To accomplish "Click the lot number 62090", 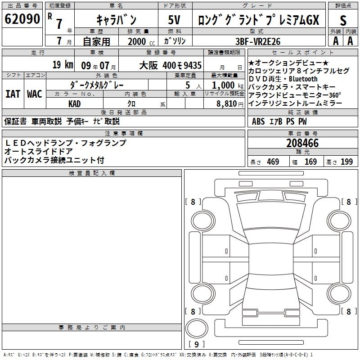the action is pyautogui.click(x=22, y=19).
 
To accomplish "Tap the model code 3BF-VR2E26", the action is pyautogui.click(x=258, y=40).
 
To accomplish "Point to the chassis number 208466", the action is pyautogui.click(x=302, y=144).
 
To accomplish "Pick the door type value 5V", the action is pyautogui.click(x=175, y=20).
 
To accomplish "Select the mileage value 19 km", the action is pyautogui.click(x=63, y=64).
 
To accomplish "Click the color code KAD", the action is pyautogui.click(x=74, y=103).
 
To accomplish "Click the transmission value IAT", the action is pyautogui.click(x=13, y=94).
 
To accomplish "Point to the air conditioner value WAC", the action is pyautogui.click(x=34, y=94).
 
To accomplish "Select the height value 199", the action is pyautogui.click(x=346, y=162).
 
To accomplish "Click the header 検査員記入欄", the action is pyautogui.click(x=92, y=173).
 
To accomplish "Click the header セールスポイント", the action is pyautogui.click(x=302, y=53).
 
